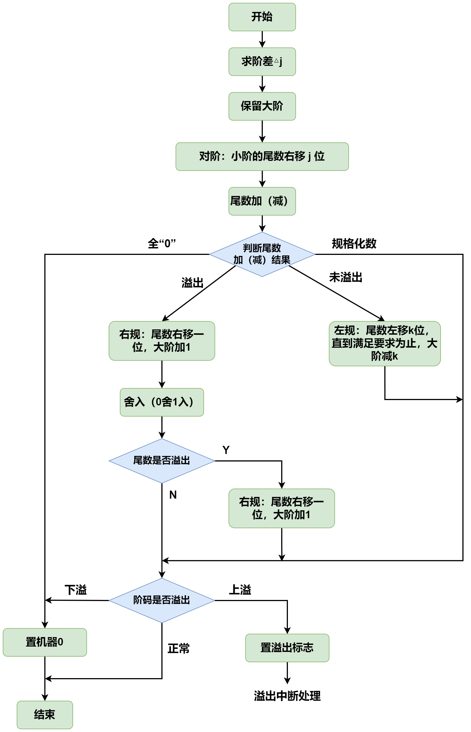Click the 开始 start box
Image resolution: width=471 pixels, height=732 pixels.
[x=262, y=17]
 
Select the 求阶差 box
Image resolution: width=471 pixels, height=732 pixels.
[x=262, y=62]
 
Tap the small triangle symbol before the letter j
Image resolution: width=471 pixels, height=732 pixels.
[x=276, y=61]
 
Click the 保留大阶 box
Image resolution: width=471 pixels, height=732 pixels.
[x=262, y=106]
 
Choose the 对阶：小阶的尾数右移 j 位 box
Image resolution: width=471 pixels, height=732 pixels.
[x=262, y=157]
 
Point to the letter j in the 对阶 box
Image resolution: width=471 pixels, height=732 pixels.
[x=309, y=157]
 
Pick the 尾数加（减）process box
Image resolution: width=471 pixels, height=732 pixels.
[x=262, y=201]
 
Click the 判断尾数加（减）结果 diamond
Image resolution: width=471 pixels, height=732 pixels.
[x=262, y=254]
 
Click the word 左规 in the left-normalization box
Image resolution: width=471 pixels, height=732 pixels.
[x=344, y=331]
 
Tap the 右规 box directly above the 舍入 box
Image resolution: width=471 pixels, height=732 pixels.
[x=162, y=341]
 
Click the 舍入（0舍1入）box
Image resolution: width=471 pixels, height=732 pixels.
[x=162, y=402]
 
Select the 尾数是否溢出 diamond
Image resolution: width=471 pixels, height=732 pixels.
[x=162, y=461]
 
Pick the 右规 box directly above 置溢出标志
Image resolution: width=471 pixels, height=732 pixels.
[x=281, y=508]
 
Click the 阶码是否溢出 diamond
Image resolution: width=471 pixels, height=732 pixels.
[x=162, y=600]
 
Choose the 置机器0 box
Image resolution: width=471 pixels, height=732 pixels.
[x=45, y=642]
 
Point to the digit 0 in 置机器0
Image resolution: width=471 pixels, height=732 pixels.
[x=60, y=642]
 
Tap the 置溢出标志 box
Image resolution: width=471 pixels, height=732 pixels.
[x=287, y=648]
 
